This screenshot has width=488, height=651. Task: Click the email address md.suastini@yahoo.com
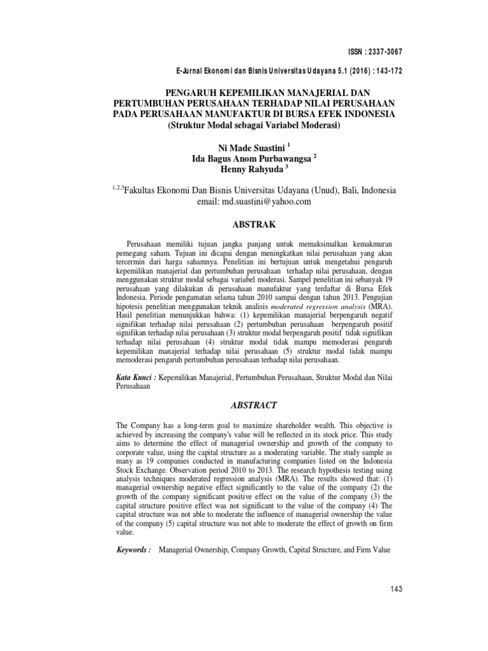(x=266, y=202)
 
